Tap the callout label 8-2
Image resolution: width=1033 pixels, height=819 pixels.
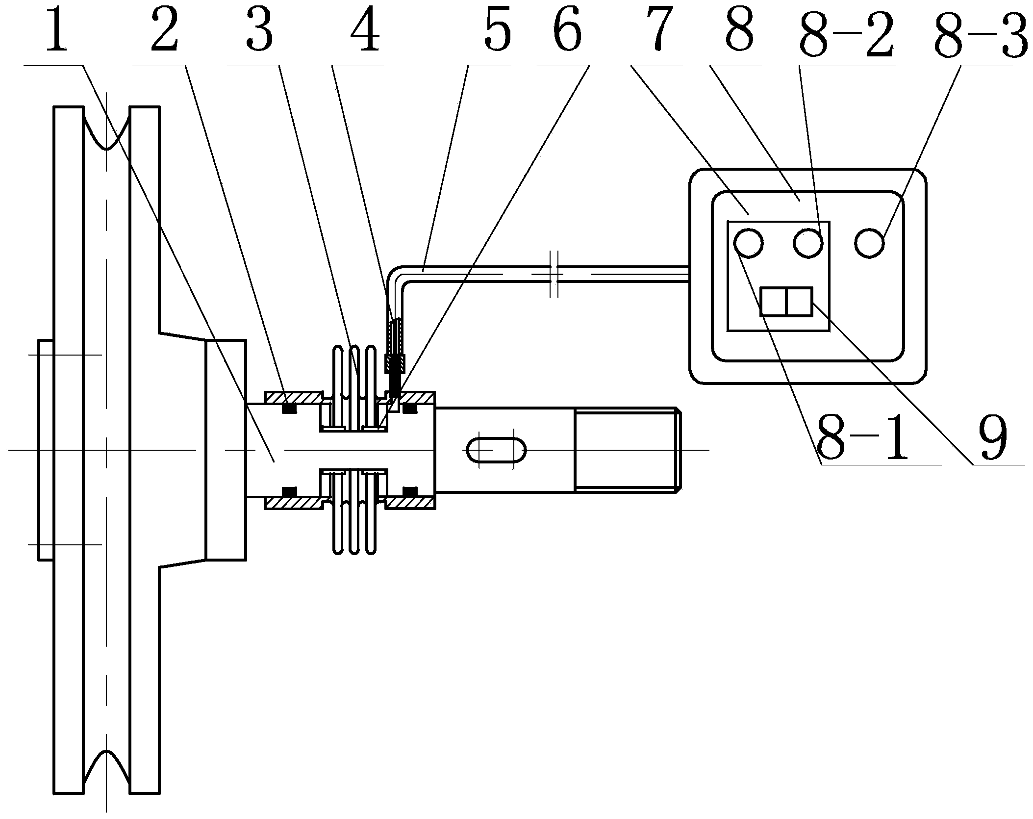click(847, 30)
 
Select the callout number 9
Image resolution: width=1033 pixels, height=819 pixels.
click(993, 437)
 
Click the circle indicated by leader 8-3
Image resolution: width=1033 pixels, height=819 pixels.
click(869, 242)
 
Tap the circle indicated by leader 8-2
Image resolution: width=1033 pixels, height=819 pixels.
click(808, 242)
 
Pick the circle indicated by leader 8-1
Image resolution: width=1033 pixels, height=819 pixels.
click(748, 242)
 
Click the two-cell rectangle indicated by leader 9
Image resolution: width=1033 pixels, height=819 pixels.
click(786, 301)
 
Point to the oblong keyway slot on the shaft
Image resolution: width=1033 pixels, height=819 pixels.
click(495, 449)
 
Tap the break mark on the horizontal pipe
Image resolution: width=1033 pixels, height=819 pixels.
click(554, 275)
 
